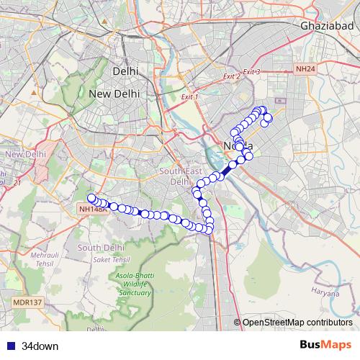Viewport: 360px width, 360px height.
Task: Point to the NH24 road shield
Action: tap(305, 69)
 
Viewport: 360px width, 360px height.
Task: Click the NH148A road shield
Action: tap(93, 209)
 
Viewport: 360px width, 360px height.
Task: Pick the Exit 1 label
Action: tap(189, 96)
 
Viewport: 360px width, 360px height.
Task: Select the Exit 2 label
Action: tap(231, 76)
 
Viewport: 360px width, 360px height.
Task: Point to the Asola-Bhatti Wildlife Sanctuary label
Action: tap(131, 284)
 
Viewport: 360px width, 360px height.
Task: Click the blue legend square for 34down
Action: tap(9, 346)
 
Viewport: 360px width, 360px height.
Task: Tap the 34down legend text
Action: tap(40, 346)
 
